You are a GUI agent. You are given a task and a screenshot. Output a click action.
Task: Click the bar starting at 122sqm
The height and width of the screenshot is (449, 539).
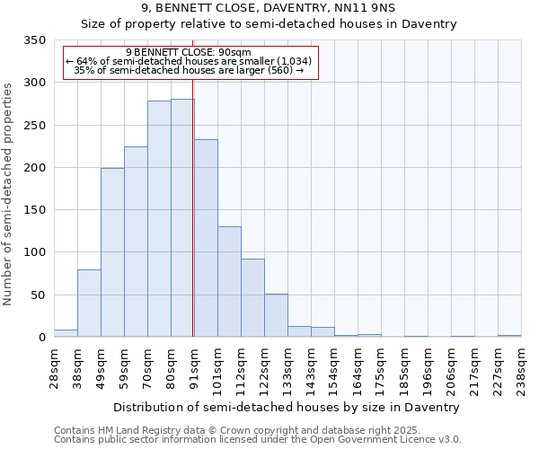pos(276,315)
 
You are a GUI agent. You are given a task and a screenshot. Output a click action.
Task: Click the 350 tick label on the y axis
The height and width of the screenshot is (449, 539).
pos(35,41)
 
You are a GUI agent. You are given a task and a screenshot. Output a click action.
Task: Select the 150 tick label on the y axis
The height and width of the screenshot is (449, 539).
pos(35,210)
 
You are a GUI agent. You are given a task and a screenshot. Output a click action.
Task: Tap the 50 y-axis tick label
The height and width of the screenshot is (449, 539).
pos(39,295)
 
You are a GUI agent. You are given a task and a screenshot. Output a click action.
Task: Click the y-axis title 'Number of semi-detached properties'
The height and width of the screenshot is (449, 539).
pos(9,194)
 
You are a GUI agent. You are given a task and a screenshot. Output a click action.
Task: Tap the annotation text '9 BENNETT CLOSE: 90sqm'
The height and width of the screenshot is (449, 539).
pos(189,53)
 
